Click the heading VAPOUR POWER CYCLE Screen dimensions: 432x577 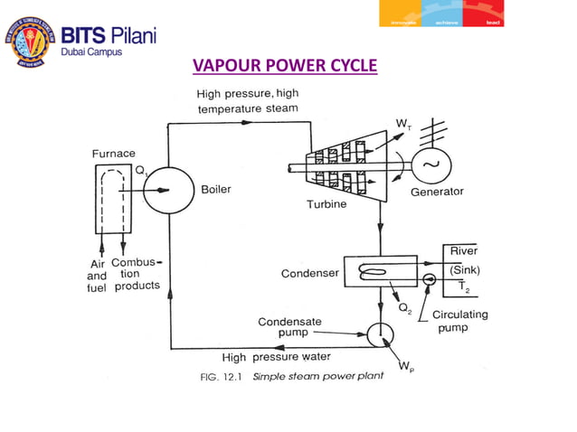(x=285, y=67)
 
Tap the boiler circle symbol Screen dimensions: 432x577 (x=163, y=190)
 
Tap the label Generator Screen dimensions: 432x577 (x=437, y=192)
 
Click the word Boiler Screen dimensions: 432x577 (x=215, y=190)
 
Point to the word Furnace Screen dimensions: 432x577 (x=113, y=154)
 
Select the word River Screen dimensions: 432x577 (x=463, y=250)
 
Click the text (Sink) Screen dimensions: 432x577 (x=465, y=269)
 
